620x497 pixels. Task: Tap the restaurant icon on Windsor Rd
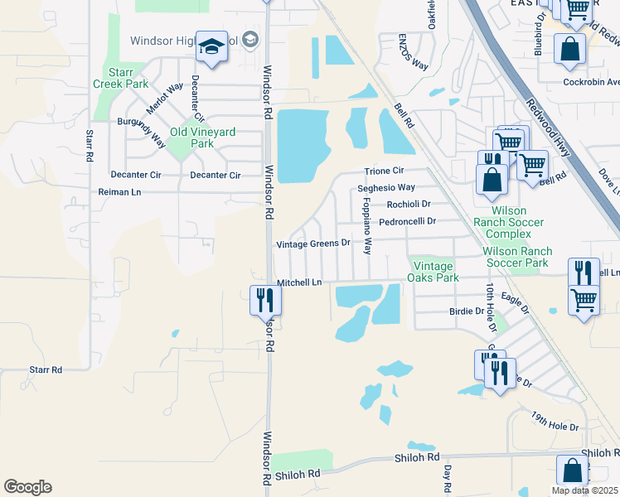265,300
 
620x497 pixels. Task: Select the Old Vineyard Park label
191,138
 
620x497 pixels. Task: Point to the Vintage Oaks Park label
433,271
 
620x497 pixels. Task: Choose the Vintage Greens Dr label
313,244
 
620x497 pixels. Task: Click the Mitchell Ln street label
298,282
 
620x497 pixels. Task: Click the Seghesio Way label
386,188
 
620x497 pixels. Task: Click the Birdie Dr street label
466,311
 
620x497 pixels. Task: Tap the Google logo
27,487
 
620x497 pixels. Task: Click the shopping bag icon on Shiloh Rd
572,470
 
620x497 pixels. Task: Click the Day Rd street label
448,475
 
